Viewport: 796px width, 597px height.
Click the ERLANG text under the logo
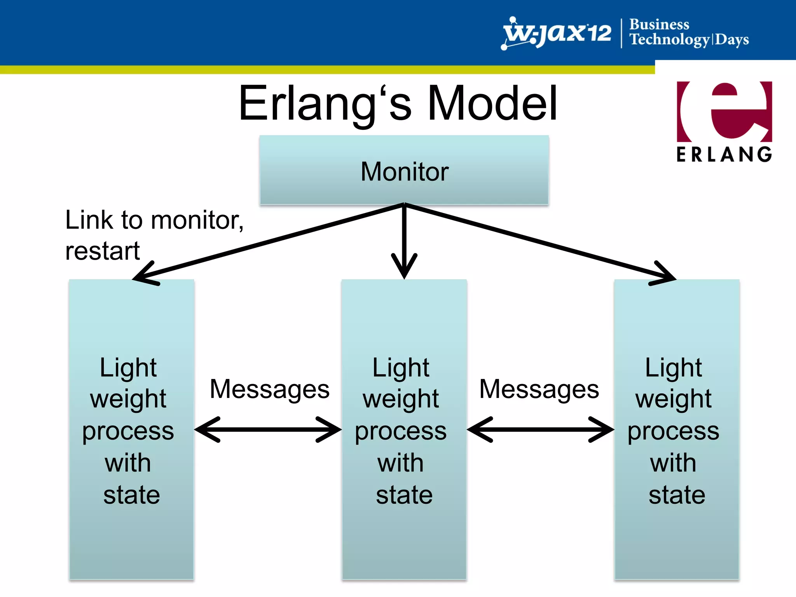(x=724, y=154)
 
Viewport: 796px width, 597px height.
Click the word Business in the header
(x=659, y=24)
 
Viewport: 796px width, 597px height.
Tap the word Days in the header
(x=732, y=40)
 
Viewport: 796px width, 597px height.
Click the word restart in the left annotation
(x=102, y=251)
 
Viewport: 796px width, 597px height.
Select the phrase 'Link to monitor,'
(x=154, y=220)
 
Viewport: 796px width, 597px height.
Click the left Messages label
(x=269, y=389)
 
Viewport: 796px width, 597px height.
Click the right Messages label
(x=539, y=389)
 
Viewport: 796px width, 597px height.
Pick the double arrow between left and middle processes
(x=268, y=429)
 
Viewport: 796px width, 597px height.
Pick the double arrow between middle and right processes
(x=540, y=429)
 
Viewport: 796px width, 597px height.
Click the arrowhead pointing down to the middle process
(x=404, y=268)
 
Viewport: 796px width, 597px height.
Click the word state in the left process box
(x=131, y=495)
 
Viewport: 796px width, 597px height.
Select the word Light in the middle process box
(x=401, y=367)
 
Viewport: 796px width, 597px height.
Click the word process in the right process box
(x=674, y=431)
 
